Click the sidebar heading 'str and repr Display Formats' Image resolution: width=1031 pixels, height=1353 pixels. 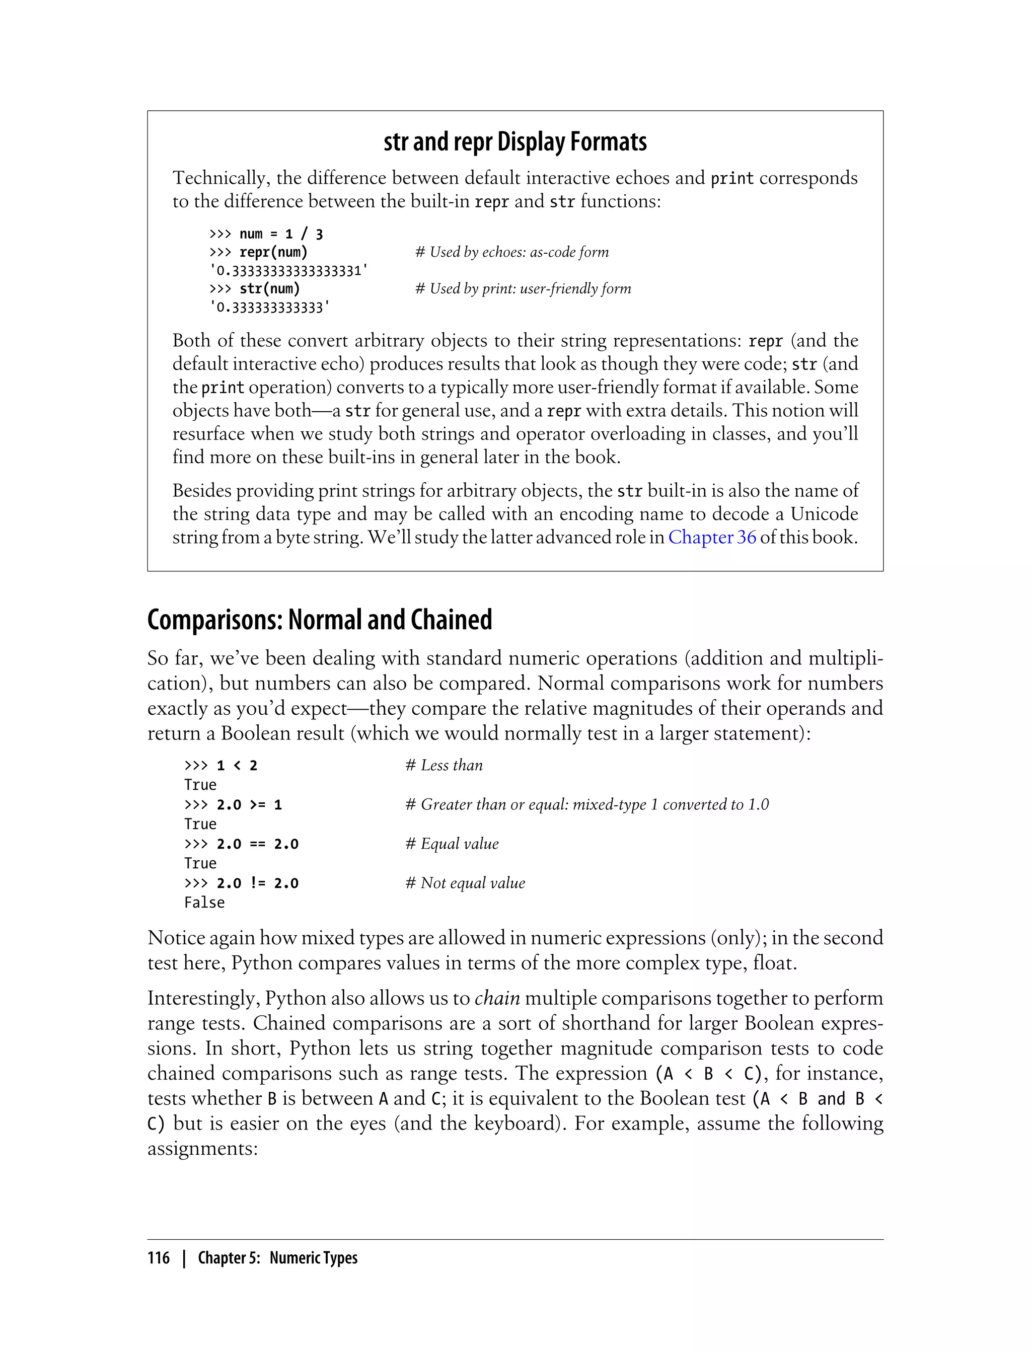pyautogui.click(x=515, y=142)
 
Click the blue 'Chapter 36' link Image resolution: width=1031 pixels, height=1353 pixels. pyautogui.click(x=712, y=537)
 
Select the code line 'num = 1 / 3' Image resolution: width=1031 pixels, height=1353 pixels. pyautogui.click(x=280, y=234)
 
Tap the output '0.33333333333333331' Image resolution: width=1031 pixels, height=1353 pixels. pyautogui.click(x=288, y=271)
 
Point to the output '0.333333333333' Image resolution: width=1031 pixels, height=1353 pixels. pyautogui.click(x=269, y=308)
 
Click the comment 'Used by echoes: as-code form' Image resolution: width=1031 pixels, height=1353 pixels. pyautogui.click(x=512, y=252)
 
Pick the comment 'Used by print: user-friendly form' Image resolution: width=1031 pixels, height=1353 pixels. pyautogui.click(x=524, y=289)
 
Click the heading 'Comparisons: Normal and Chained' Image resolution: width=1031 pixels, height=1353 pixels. pyautogui.click(x=319, y=620)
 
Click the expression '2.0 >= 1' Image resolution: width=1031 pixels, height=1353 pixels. pyautogui.click(x=249, y=804)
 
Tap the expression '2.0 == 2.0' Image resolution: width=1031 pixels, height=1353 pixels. pyautogui.click(x=257, y=844)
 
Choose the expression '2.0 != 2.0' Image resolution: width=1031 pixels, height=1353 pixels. pyautogui.click(x=257, y=883)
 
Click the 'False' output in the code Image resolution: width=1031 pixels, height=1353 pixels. pyautogui.click(x=204, y=903)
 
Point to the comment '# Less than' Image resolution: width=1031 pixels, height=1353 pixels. pyautogui.click(x=445, y=765)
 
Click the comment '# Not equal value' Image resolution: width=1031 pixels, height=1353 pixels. pyautogui.click(x=465, y=883)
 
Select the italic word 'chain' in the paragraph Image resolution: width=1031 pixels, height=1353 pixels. pyautogui.click(x=497, y=998)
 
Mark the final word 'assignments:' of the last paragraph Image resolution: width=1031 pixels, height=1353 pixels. pyautogui.click(x=202, y=1148)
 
